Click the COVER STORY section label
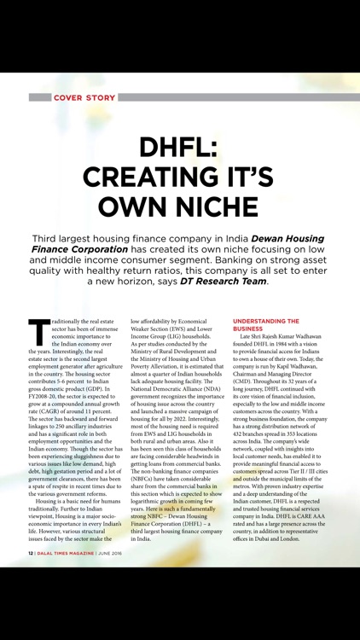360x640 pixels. click(x=84, y=98)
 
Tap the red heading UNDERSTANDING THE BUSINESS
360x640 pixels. click(x=265, y=324)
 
